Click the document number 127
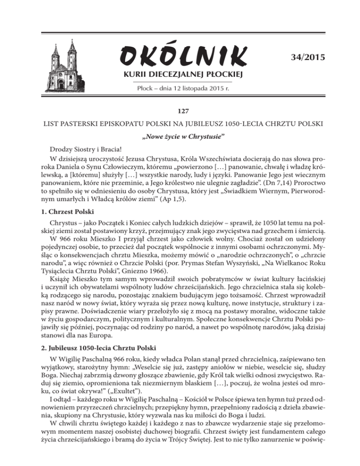180,112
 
